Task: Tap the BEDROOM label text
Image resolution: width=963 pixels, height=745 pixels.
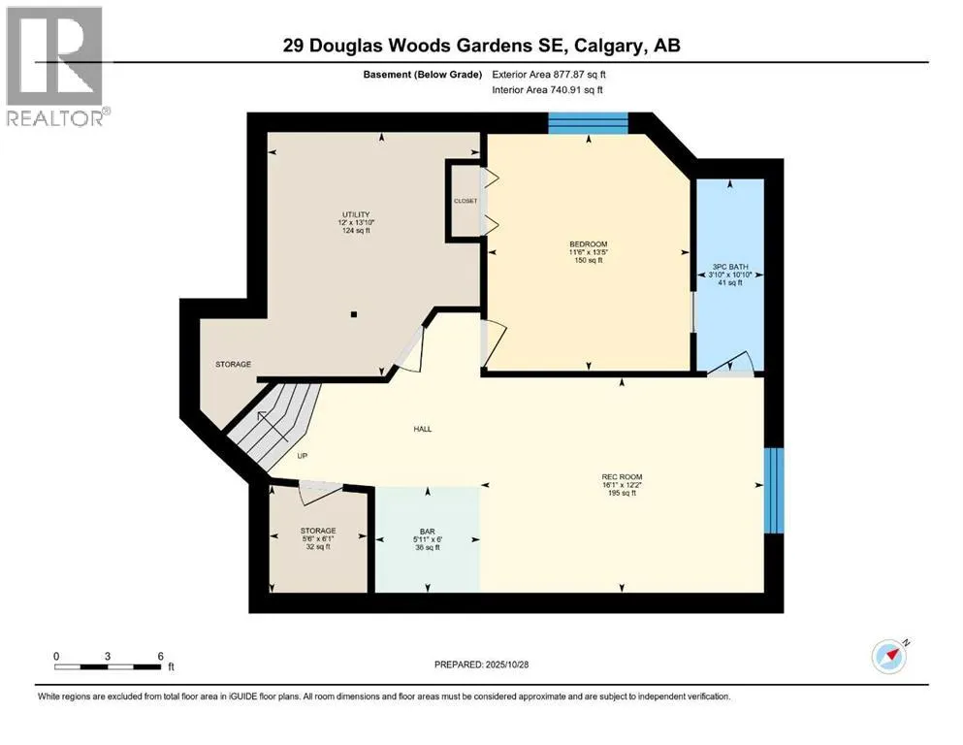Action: (588, 243)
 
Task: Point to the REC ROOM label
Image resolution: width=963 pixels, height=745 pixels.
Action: (621, 475)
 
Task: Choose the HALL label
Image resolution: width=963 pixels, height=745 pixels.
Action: (422, 429)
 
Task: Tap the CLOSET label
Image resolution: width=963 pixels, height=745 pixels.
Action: (465, 201)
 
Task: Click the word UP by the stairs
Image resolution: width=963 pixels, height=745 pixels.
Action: (304, 456)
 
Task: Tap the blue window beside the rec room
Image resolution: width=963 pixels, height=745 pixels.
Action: (773, 490)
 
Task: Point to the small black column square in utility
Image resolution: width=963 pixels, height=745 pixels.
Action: (355, 314)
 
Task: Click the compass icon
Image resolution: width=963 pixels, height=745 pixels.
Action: (889, 657)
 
